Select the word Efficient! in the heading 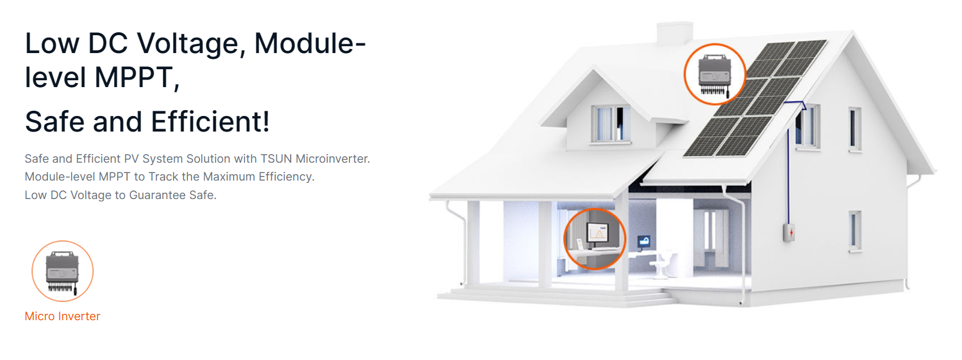click(x=211, y=122)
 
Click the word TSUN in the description click(x=276, y=159)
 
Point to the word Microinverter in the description click(x=333, y=159)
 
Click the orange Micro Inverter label click(x=62, y=316)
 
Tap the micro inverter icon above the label click(x=63, y=271)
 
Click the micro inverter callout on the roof click(x=715, y=74)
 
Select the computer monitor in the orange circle click(x=598, y=236)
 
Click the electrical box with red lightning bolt click(x=789, y=232)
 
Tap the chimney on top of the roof click(x=675, y=33)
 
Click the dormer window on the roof click(x=611, y=123)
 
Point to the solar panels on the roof click(x=755, y=98)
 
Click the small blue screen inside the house click(x=643, y=241)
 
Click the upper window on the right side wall click(x=855, y=129)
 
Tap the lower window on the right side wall click(x=855, y=231)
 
